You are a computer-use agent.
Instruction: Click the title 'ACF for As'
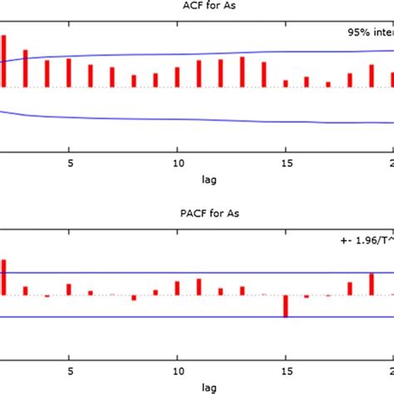(x=197, y=7)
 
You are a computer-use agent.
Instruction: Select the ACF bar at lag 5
(x=69, y=72)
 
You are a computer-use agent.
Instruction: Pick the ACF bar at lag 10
(x=177, y=77)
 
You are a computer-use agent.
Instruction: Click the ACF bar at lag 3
(x=26, y=68)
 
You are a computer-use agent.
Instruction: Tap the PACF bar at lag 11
(x=199, y=287)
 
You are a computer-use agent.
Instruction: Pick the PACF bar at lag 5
(x=69, y=289)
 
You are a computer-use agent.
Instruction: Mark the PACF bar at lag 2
(x=4, y=277)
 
